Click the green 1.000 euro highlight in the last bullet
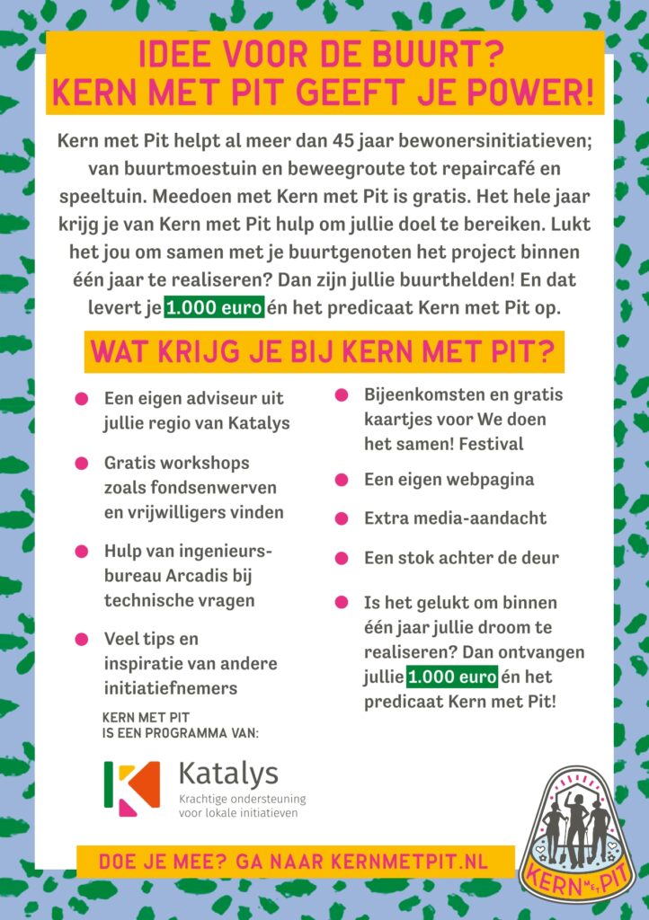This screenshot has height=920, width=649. click(x=451, y=676)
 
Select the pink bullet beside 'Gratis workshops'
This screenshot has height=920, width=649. click(x=82, y=464)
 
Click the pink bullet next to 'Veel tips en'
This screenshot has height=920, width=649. click(x=82, y=640)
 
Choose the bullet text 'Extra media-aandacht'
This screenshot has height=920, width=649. click(x=455, y=518)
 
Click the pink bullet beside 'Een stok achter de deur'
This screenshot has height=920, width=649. click(x=342, y=558)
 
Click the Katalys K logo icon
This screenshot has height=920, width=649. click(x=131, y=788)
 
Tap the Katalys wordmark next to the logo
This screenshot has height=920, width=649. click(x=228, y=773)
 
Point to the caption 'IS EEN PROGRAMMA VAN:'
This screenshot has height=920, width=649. click(x=181, y=733)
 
